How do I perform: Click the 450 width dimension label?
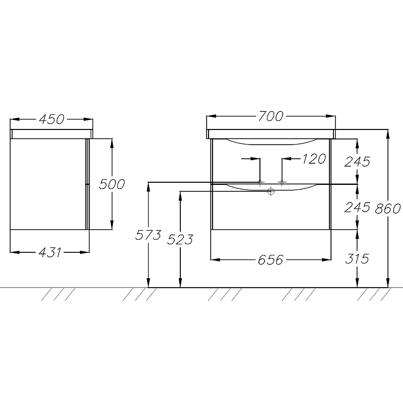(52, 119)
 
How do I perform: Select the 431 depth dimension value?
(50, 252)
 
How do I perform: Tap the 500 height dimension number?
(112, 184)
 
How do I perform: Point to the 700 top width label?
(271, 116)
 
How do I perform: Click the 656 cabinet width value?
(271, 260)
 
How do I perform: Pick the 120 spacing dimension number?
(314, 159)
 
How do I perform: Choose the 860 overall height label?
(387, 209)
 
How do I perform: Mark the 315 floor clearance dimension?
(357, 258)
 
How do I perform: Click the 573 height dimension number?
(148, 235)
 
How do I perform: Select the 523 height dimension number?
(180, 240)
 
